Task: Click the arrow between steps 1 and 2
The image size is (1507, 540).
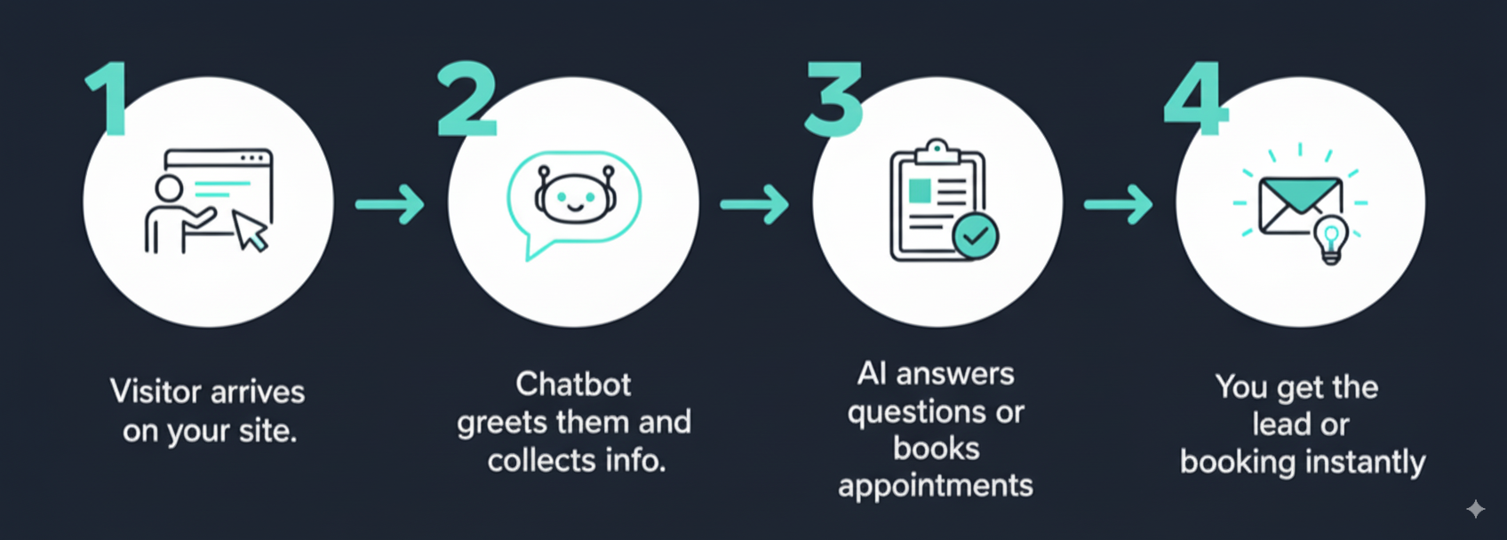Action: click(389, 203)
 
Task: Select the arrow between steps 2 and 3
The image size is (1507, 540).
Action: click(754, 203)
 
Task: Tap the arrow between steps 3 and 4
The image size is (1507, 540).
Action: click(1118, 203)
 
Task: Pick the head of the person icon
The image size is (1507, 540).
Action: click(168, 188)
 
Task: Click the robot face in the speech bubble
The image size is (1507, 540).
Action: click(574, 195)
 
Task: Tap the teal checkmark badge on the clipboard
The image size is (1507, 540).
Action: click(976, 235)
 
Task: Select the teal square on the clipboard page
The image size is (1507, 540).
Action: click(920, 191)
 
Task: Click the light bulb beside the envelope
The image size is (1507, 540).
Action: click(1331, 240)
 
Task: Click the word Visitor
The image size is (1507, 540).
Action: click(156, 391)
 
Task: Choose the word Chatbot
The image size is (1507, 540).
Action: click(574, 385)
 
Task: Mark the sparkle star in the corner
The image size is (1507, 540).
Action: click(1475, 509)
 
